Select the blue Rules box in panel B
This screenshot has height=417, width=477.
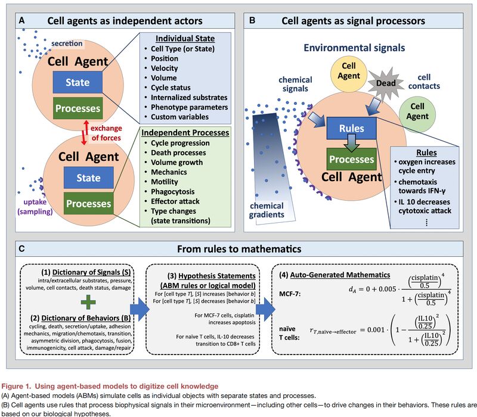click(351, 128)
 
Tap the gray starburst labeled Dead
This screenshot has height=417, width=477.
click(386, 83)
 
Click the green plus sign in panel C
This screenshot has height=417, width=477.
click(88, 302)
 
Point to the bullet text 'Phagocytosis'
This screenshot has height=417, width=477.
click(172, 191)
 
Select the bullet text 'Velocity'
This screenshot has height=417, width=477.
click(165, 68)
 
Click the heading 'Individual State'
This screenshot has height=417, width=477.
click(185, 39)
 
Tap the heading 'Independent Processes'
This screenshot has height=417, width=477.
click(185, 133)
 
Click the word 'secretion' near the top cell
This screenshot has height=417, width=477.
click(67, 43)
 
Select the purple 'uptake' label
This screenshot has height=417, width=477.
click(35, 202)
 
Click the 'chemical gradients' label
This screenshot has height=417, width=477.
click(267, 210)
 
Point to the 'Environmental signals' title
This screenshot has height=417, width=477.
click(354, 48)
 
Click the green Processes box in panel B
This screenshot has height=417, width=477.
click(351, 159)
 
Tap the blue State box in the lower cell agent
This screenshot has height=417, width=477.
click(88, 178)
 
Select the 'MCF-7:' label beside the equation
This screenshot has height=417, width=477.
click(290, 294)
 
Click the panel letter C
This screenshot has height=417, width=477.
click(21, 249)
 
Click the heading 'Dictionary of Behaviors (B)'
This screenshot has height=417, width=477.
click(80, 318)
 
